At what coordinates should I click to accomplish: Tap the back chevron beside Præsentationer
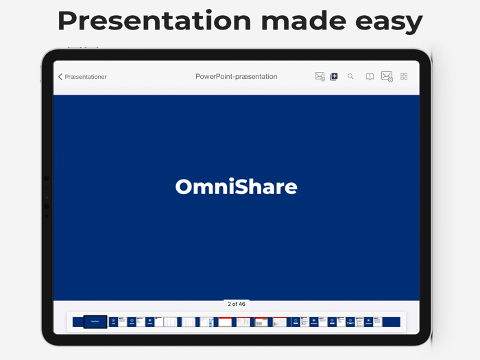point(60,77)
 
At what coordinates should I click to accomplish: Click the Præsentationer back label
point(86,77)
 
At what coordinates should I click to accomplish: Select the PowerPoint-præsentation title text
point(236,77)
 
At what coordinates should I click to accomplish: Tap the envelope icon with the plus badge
point(320,77)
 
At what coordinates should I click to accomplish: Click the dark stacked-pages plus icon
point(334,77)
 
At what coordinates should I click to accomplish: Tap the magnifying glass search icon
point(350,77)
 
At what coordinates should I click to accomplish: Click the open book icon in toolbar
point(370,77)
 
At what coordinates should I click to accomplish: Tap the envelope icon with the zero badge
point(387,77)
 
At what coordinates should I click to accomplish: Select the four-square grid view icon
point(404,77)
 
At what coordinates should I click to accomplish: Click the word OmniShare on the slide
point(236,187)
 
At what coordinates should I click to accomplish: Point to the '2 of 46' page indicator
point(236,304)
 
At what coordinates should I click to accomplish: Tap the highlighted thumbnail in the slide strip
point(95,322)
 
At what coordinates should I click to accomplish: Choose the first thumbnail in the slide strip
point(77,322)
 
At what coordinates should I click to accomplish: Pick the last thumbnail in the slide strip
point(391,322)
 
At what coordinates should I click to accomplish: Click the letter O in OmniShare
point(184,187)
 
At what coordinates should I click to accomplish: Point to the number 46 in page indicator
point(241,304)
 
